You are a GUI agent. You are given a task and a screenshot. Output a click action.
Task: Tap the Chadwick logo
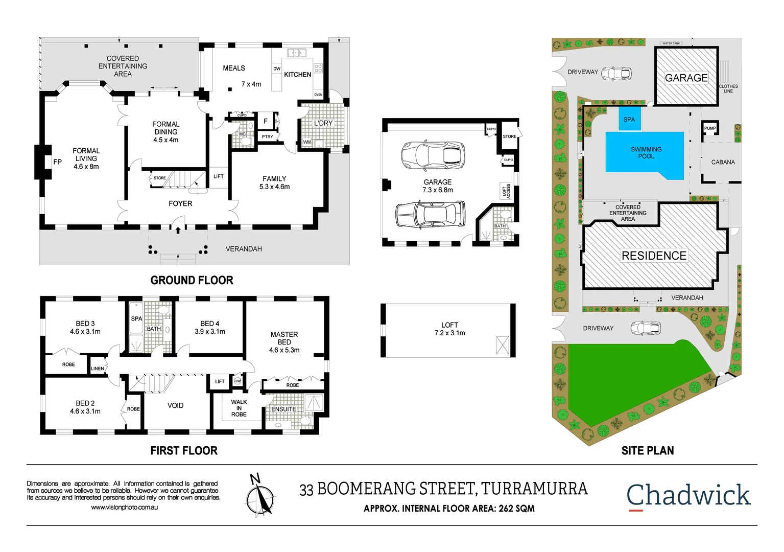(688, 496)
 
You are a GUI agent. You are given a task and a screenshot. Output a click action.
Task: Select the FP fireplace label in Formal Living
(58, 162)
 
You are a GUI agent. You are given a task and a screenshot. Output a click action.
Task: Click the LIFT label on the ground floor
(219, 176)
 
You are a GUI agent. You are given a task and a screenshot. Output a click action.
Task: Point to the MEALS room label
(234, 68)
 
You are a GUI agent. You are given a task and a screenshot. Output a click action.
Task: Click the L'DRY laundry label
(323, 123)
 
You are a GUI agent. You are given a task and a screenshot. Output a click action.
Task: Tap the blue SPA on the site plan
(629, 119)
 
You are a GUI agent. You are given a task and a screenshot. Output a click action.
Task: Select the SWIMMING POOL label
(646, 153)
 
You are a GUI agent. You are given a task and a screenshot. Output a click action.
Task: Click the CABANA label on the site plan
(723, 162)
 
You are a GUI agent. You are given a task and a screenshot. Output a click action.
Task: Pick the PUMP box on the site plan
(710, 128)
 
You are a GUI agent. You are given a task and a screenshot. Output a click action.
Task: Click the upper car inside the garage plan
(433, 156)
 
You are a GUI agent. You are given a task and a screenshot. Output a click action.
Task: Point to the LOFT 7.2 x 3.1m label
(449, 329)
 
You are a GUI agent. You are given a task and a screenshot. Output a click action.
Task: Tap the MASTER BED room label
(284, 342)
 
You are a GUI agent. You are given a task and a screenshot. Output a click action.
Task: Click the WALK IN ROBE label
(239, 408)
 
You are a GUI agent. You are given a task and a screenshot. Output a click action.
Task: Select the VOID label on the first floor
(175, 405)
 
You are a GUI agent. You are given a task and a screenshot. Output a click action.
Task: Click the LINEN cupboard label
(98, 369)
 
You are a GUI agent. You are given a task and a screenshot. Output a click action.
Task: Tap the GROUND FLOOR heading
(192, 280)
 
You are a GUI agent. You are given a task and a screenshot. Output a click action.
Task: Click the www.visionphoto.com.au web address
(124, 508)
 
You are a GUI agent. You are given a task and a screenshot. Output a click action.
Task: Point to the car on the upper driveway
(616, 74)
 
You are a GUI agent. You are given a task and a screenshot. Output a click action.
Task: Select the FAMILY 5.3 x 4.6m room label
(274, 182)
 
